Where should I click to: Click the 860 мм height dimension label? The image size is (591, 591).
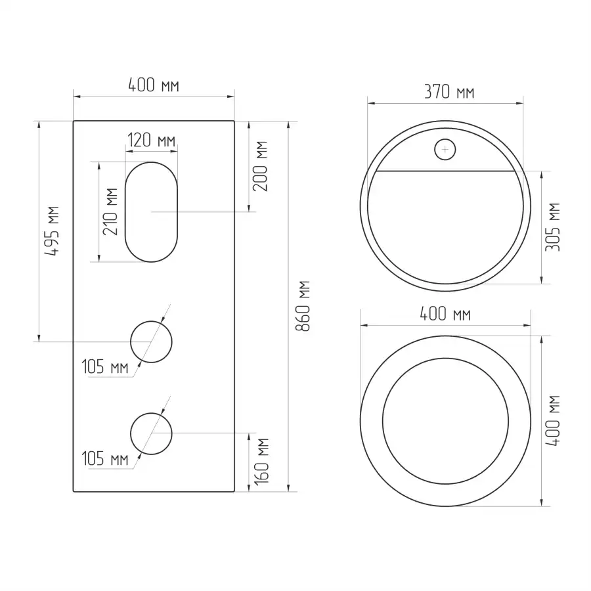[303, 306]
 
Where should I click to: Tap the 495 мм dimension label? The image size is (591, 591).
[52, 231]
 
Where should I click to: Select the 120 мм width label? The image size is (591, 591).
[151, 141]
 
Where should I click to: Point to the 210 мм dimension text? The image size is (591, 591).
[110, 211]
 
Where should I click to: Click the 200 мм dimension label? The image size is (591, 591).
[260, 166]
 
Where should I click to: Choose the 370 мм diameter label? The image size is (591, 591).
[449, 92]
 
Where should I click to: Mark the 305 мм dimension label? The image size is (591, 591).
[552, 227]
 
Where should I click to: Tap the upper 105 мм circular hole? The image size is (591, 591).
[131, 342]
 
